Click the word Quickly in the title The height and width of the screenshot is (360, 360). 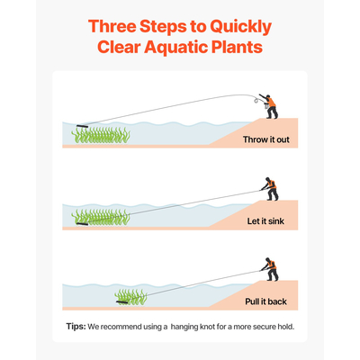click(240, 27)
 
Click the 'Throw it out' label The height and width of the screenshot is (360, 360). click(266, 139)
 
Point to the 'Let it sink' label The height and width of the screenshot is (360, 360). click(265, 221)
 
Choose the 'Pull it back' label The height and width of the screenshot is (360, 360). click(265, 301)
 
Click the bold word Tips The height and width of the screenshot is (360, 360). click(76, 327)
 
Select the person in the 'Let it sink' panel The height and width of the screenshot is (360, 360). click(270, 189)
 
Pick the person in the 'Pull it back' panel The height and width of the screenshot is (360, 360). click(270, 269)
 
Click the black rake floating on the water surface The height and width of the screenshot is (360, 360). click(82, 126)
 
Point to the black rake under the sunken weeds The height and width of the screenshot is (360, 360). click(82, 223)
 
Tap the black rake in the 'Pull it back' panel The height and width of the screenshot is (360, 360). click(122, 301)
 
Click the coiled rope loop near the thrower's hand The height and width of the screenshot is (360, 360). click(256, 99)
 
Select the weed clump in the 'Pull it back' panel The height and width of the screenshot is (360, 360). click(131, 297)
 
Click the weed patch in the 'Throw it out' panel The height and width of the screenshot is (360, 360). click(101, 135)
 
